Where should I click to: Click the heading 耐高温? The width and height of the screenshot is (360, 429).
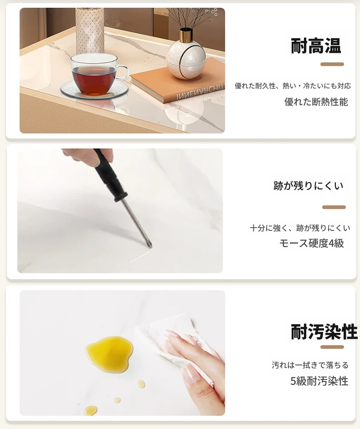[x=316, y=46]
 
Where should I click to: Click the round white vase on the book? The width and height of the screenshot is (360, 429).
[x=186, y=59]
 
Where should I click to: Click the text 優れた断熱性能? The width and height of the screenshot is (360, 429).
[x=316, y=102]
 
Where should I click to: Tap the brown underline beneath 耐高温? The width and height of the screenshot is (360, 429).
[x=332, y=64]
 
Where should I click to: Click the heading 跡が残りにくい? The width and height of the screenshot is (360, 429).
[x=308, y=186]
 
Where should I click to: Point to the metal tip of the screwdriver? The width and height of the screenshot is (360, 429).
[x=150, y=246]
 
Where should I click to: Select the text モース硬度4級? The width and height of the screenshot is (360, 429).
[x=312, y=243]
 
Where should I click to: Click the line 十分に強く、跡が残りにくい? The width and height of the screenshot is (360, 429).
[x=300, y=228]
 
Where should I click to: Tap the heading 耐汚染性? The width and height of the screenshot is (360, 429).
[x=324, y=332]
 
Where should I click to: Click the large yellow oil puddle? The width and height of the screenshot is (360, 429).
[x=109, y=353]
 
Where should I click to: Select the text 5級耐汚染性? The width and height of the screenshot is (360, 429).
[x=319, y=381]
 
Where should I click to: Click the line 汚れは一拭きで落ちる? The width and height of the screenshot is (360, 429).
[x=310, y=365]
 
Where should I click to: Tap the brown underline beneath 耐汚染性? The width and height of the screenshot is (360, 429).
[x=332, y=347]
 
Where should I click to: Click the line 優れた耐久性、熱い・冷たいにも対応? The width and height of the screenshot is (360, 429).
[x=293, y=86]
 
